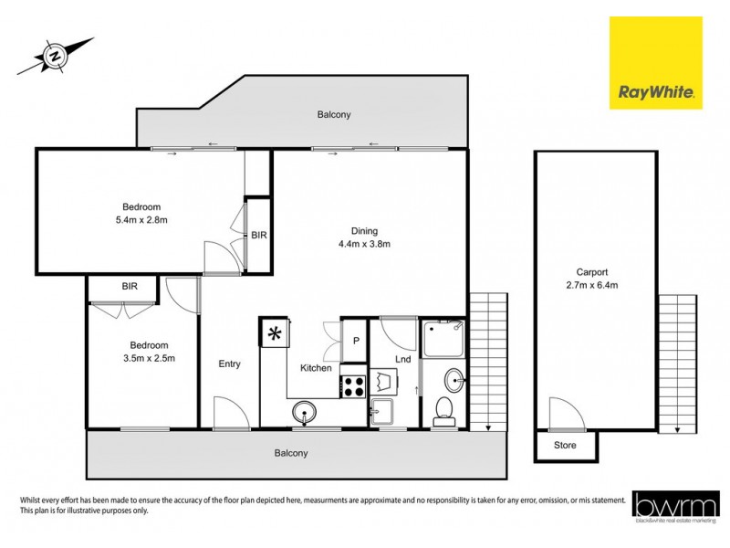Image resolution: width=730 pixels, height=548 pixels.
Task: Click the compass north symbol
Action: [x=56, y=57]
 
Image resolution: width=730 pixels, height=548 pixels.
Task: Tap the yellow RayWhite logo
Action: [x=655, y=63]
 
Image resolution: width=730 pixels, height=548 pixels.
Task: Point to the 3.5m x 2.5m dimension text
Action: [x=148, y=358]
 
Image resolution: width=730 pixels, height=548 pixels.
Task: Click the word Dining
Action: [x=364, y=231]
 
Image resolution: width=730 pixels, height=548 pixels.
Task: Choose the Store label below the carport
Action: [x=566, y=446]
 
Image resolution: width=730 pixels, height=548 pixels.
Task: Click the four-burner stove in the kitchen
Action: [x=353, y=385]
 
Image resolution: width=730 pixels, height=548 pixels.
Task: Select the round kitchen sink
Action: [x=304, y=414]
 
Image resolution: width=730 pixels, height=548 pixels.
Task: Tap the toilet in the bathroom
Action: [x=444, y=411]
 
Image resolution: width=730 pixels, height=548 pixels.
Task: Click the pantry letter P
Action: [x=354, y=341]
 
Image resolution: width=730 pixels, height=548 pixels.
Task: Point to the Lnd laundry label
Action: [x=402, y=359]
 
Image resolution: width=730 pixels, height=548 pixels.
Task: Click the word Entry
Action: [x=229, y=364]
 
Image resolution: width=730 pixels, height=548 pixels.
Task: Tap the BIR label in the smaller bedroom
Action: [x=130, y=286]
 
